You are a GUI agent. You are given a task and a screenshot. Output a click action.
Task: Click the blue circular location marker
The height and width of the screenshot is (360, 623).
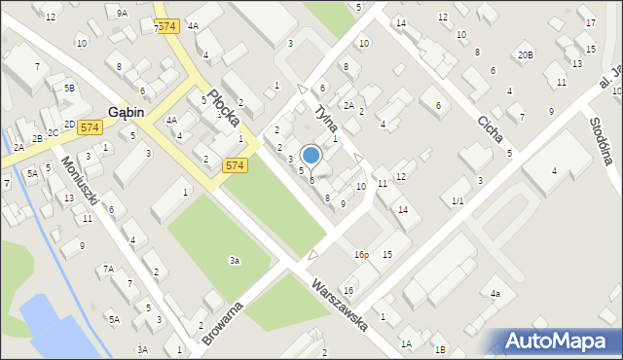[311, 155]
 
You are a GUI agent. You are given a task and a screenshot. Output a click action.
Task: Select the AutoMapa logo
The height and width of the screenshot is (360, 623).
[560, 342]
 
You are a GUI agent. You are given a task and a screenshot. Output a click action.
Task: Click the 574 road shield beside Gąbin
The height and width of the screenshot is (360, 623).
[91, 127]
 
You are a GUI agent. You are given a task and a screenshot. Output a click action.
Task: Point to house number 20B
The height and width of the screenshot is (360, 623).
[525, 55]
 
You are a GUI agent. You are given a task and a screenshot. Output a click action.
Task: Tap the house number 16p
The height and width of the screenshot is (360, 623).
[361, 255]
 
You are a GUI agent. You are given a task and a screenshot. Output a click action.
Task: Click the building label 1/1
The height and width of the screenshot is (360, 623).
[458, 201]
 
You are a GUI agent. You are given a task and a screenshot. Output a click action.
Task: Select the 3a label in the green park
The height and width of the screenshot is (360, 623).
[234, 260]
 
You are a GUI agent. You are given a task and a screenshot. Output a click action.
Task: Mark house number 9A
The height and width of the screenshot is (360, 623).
[122, 13]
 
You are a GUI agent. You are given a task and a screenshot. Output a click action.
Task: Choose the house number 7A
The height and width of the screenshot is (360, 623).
[109, 269]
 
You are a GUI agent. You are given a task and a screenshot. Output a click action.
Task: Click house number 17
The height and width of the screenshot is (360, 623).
[590, 22]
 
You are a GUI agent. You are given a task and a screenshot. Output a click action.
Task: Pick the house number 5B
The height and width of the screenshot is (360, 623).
[69, 89]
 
